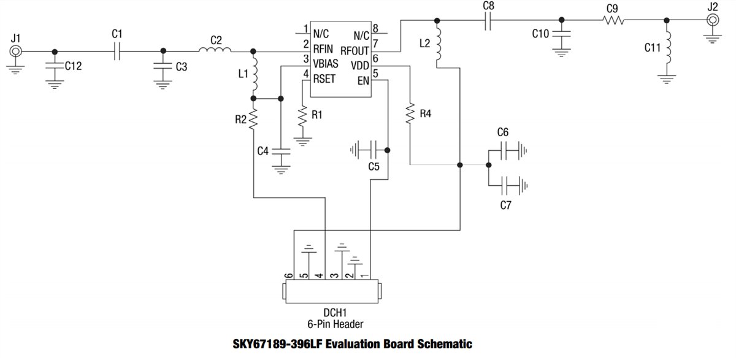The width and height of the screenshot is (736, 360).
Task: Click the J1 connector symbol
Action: pyautogui.click(x=16, y=52)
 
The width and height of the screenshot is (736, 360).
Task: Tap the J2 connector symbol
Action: pyautogui.click(x=713, y=20)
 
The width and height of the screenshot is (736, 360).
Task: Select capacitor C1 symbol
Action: pyautogui.click(x=118, y=52)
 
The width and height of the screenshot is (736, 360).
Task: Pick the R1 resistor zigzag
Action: pyautogui.click(x=302, y=116)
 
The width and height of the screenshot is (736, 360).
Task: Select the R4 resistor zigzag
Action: pyautogui.click(x=410, y=113)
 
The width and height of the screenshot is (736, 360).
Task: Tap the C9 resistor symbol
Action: pyautogui.click(x=613, y=20)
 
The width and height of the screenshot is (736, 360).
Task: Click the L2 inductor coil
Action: pyautogui.click(x=437, y=46)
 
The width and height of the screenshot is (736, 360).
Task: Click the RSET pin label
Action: pyautogui.click(x=324, y=79)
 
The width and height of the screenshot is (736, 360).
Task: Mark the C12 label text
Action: pyautogui.click(x=73, y=66)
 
